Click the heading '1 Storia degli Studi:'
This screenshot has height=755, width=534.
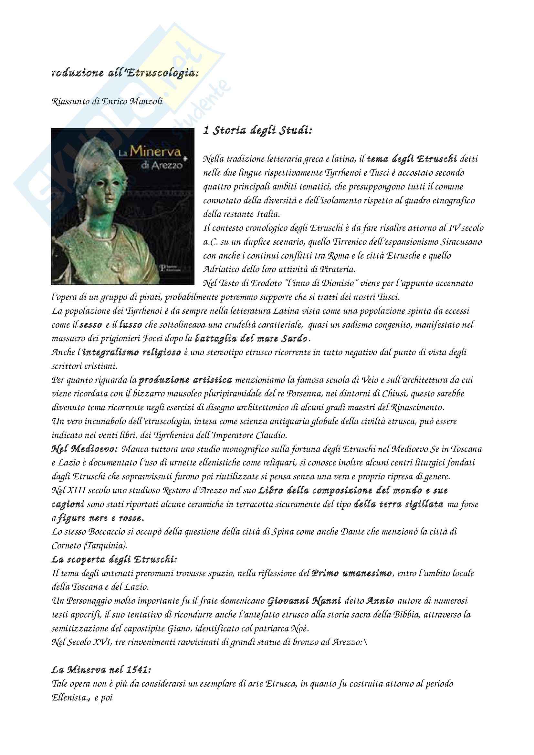pyautogui.click(x=257, y=131)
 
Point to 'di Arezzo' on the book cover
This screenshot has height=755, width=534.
pyautogui.click(x=161, y=165)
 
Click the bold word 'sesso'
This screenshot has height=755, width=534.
pyautogui.click(x=90, y=325)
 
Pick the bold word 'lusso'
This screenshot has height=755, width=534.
pyautogui.click(x=131, y=325)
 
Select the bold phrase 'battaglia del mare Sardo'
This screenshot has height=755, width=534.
pyautogui.click(x=251, y=339)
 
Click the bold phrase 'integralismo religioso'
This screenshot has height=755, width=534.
pyautogui.click(x=131, y=352)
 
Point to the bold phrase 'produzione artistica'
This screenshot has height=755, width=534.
pyautogui.click(x=185, y=380)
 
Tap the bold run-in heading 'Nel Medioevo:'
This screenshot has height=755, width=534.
pyautogui.click(x=85, y=449)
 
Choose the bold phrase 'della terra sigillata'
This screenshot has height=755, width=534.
pyautogui.click(x=398, y=505)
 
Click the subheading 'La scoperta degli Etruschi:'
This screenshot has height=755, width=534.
pyautogui.click(x=114, y=560)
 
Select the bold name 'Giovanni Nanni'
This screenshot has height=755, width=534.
pyautogui.click(x=304, y=601)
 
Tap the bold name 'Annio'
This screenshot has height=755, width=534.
pyautogui.click(x=380, y=601)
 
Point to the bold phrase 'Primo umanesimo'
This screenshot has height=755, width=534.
pyautogui.click(x=351, y=574)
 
